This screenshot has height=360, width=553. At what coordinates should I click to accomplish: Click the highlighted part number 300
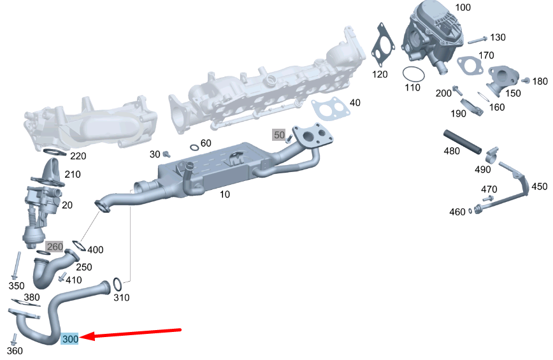pyautogui.click(x=69, y=339)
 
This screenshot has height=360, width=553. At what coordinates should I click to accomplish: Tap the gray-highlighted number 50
pyautogui.click(x=279, y=134)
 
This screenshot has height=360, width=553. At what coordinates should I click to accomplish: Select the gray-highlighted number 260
pyautogui.click(x=55, y=247)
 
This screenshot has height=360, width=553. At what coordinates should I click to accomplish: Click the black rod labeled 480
pyautogui.click(x=463, y=142)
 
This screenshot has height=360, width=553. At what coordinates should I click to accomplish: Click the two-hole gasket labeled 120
pyautogui.click(x=383, y=45)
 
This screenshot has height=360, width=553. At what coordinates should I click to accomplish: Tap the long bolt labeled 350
pyautogui.click(x=16, y=266)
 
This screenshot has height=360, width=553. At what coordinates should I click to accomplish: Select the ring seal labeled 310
pyautogui.click(x=117, y=285)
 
